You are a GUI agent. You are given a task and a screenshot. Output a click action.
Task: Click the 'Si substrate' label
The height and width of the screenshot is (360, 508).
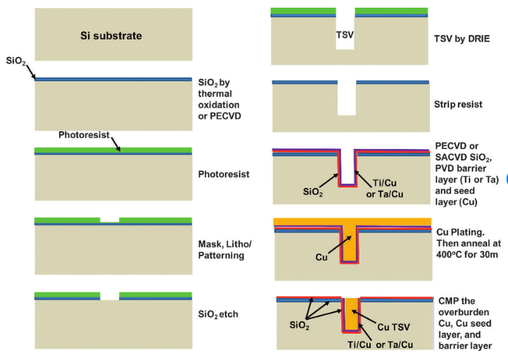click(111, 34)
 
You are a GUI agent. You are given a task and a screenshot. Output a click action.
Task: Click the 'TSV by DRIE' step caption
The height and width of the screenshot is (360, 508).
click(462, 38)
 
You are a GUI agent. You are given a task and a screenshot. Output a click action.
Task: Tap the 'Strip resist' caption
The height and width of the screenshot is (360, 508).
click(458, 104)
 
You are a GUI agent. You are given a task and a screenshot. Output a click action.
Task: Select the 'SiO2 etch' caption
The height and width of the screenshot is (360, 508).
click(218, 315)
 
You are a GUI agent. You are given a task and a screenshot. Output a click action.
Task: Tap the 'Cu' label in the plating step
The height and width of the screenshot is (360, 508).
click(321, 257)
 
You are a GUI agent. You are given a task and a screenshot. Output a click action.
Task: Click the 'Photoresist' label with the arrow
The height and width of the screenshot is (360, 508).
click(85, 136)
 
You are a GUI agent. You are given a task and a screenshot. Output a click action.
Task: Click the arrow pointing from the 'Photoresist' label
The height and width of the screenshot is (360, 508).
click(116, 143)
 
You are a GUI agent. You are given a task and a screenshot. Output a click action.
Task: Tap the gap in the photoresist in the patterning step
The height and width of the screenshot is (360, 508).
click(109, 219)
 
